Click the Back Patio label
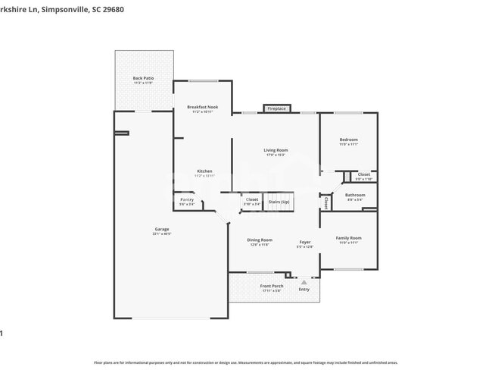click(x=143, y=78)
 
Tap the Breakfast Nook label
click(x=202, y=108)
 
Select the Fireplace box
click(x=276, y=108)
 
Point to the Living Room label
click(x=276, y=150)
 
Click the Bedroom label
click(x=348, y=140)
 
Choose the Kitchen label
click(x=204, y=171)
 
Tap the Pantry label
click(x=187, y=199)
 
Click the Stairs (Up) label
click(x=279, y=201)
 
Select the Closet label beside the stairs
click(x=251, y=199)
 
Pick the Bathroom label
click(x=355, y=195)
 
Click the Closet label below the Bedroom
click(x=364, y=174)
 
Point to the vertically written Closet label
click(x=326, y=203)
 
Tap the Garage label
click(x=162, y=229)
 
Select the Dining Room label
click(x=259, y=240)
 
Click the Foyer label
click(x=304, y=242)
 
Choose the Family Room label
click(x=349, y=238)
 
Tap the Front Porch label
click(x=272, y=286)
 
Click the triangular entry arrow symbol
click(x=304, y=281)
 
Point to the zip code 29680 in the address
click(x=111, y=10)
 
